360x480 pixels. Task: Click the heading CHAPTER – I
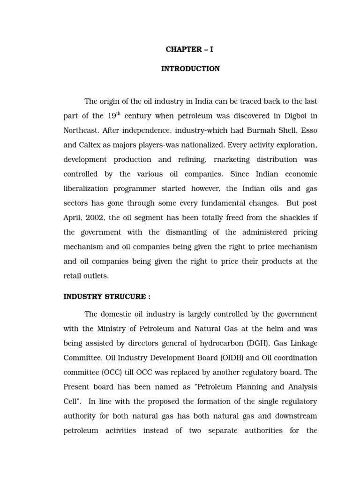[x=190, y=50]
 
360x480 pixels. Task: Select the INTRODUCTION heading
[x=190, y=69]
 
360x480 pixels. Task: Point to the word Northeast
[x=80, y=130]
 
